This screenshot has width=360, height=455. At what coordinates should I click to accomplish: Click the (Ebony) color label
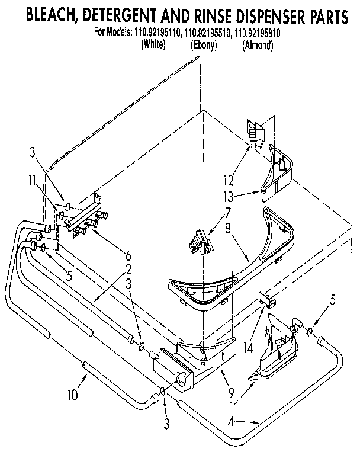click(x=204, y=44)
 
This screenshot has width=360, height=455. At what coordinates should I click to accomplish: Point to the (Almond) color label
click(x=258, y=44)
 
